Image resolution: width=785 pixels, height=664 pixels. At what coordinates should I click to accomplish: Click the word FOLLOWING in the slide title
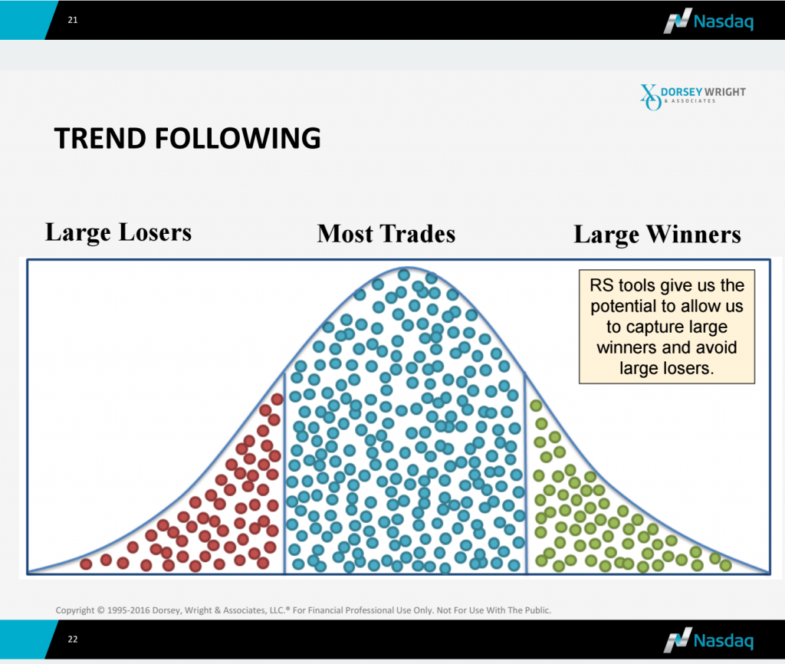(238, 138)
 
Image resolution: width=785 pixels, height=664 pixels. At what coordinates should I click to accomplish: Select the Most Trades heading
(386, 234)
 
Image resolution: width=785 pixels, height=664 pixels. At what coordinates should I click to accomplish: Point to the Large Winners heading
(657, 235)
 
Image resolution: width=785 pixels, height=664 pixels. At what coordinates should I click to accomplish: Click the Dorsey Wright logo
(693, 97)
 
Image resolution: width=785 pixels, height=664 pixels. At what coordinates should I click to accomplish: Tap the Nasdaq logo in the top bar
(708, 21)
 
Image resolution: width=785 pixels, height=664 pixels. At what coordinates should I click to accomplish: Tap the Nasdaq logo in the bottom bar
(708, 640)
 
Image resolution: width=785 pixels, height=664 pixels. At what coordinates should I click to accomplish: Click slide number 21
(73, 20)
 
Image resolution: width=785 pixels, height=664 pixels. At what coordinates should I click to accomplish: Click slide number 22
(73, 639)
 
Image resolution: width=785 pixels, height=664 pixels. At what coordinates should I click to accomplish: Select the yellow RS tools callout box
(667, 327)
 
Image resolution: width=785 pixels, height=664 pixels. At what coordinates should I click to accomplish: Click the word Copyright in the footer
(74, 610)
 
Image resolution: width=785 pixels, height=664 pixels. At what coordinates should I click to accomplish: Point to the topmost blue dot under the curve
(404, 274)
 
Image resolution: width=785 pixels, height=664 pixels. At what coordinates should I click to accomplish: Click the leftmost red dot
(86, 564)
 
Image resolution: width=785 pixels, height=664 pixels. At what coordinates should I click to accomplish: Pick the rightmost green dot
(725, 565)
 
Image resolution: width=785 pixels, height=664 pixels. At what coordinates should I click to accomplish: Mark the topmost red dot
(278, 399)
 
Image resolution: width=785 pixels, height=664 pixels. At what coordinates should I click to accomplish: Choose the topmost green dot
(536, 406)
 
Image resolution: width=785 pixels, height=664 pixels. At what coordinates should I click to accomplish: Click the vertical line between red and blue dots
(284, 473)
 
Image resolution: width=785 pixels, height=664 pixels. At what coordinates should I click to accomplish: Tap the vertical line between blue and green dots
(526, 473)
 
